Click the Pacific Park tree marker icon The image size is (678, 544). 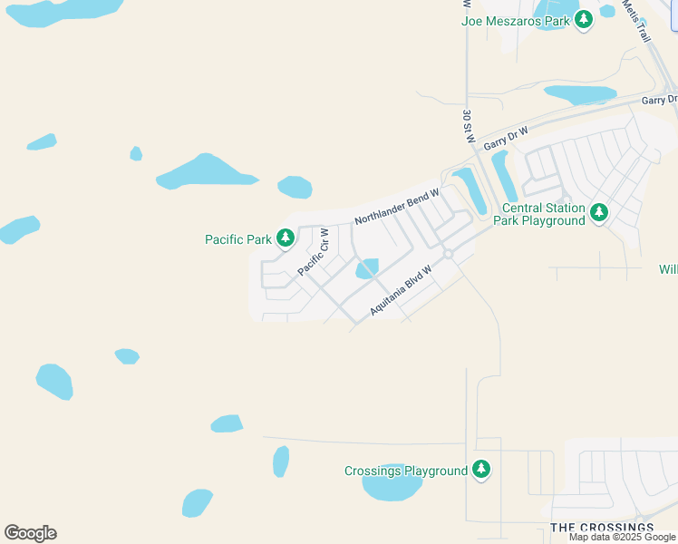pos(286,238)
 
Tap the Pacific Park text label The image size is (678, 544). pos(238,239)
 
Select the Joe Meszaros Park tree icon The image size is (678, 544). pos(584,19)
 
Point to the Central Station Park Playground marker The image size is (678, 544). pos(598,213)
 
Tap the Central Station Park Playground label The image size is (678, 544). pos(538,214)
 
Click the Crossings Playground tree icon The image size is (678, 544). pos(481,470)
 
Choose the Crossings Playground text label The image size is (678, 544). pos(406,471)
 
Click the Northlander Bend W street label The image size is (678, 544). pos(397,207)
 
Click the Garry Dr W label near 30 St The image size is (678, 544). pos(506,139)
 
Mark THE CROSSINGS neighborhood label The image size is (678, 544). pos(602,527)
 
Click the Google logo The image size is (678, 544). pos(30,533)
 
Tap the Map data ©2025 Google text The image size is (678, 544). pos(623,537)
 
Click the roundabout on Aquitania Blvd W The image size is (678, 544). pos(448,254)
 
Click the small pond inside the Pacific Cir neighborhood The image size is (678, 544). pos(367,269)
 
